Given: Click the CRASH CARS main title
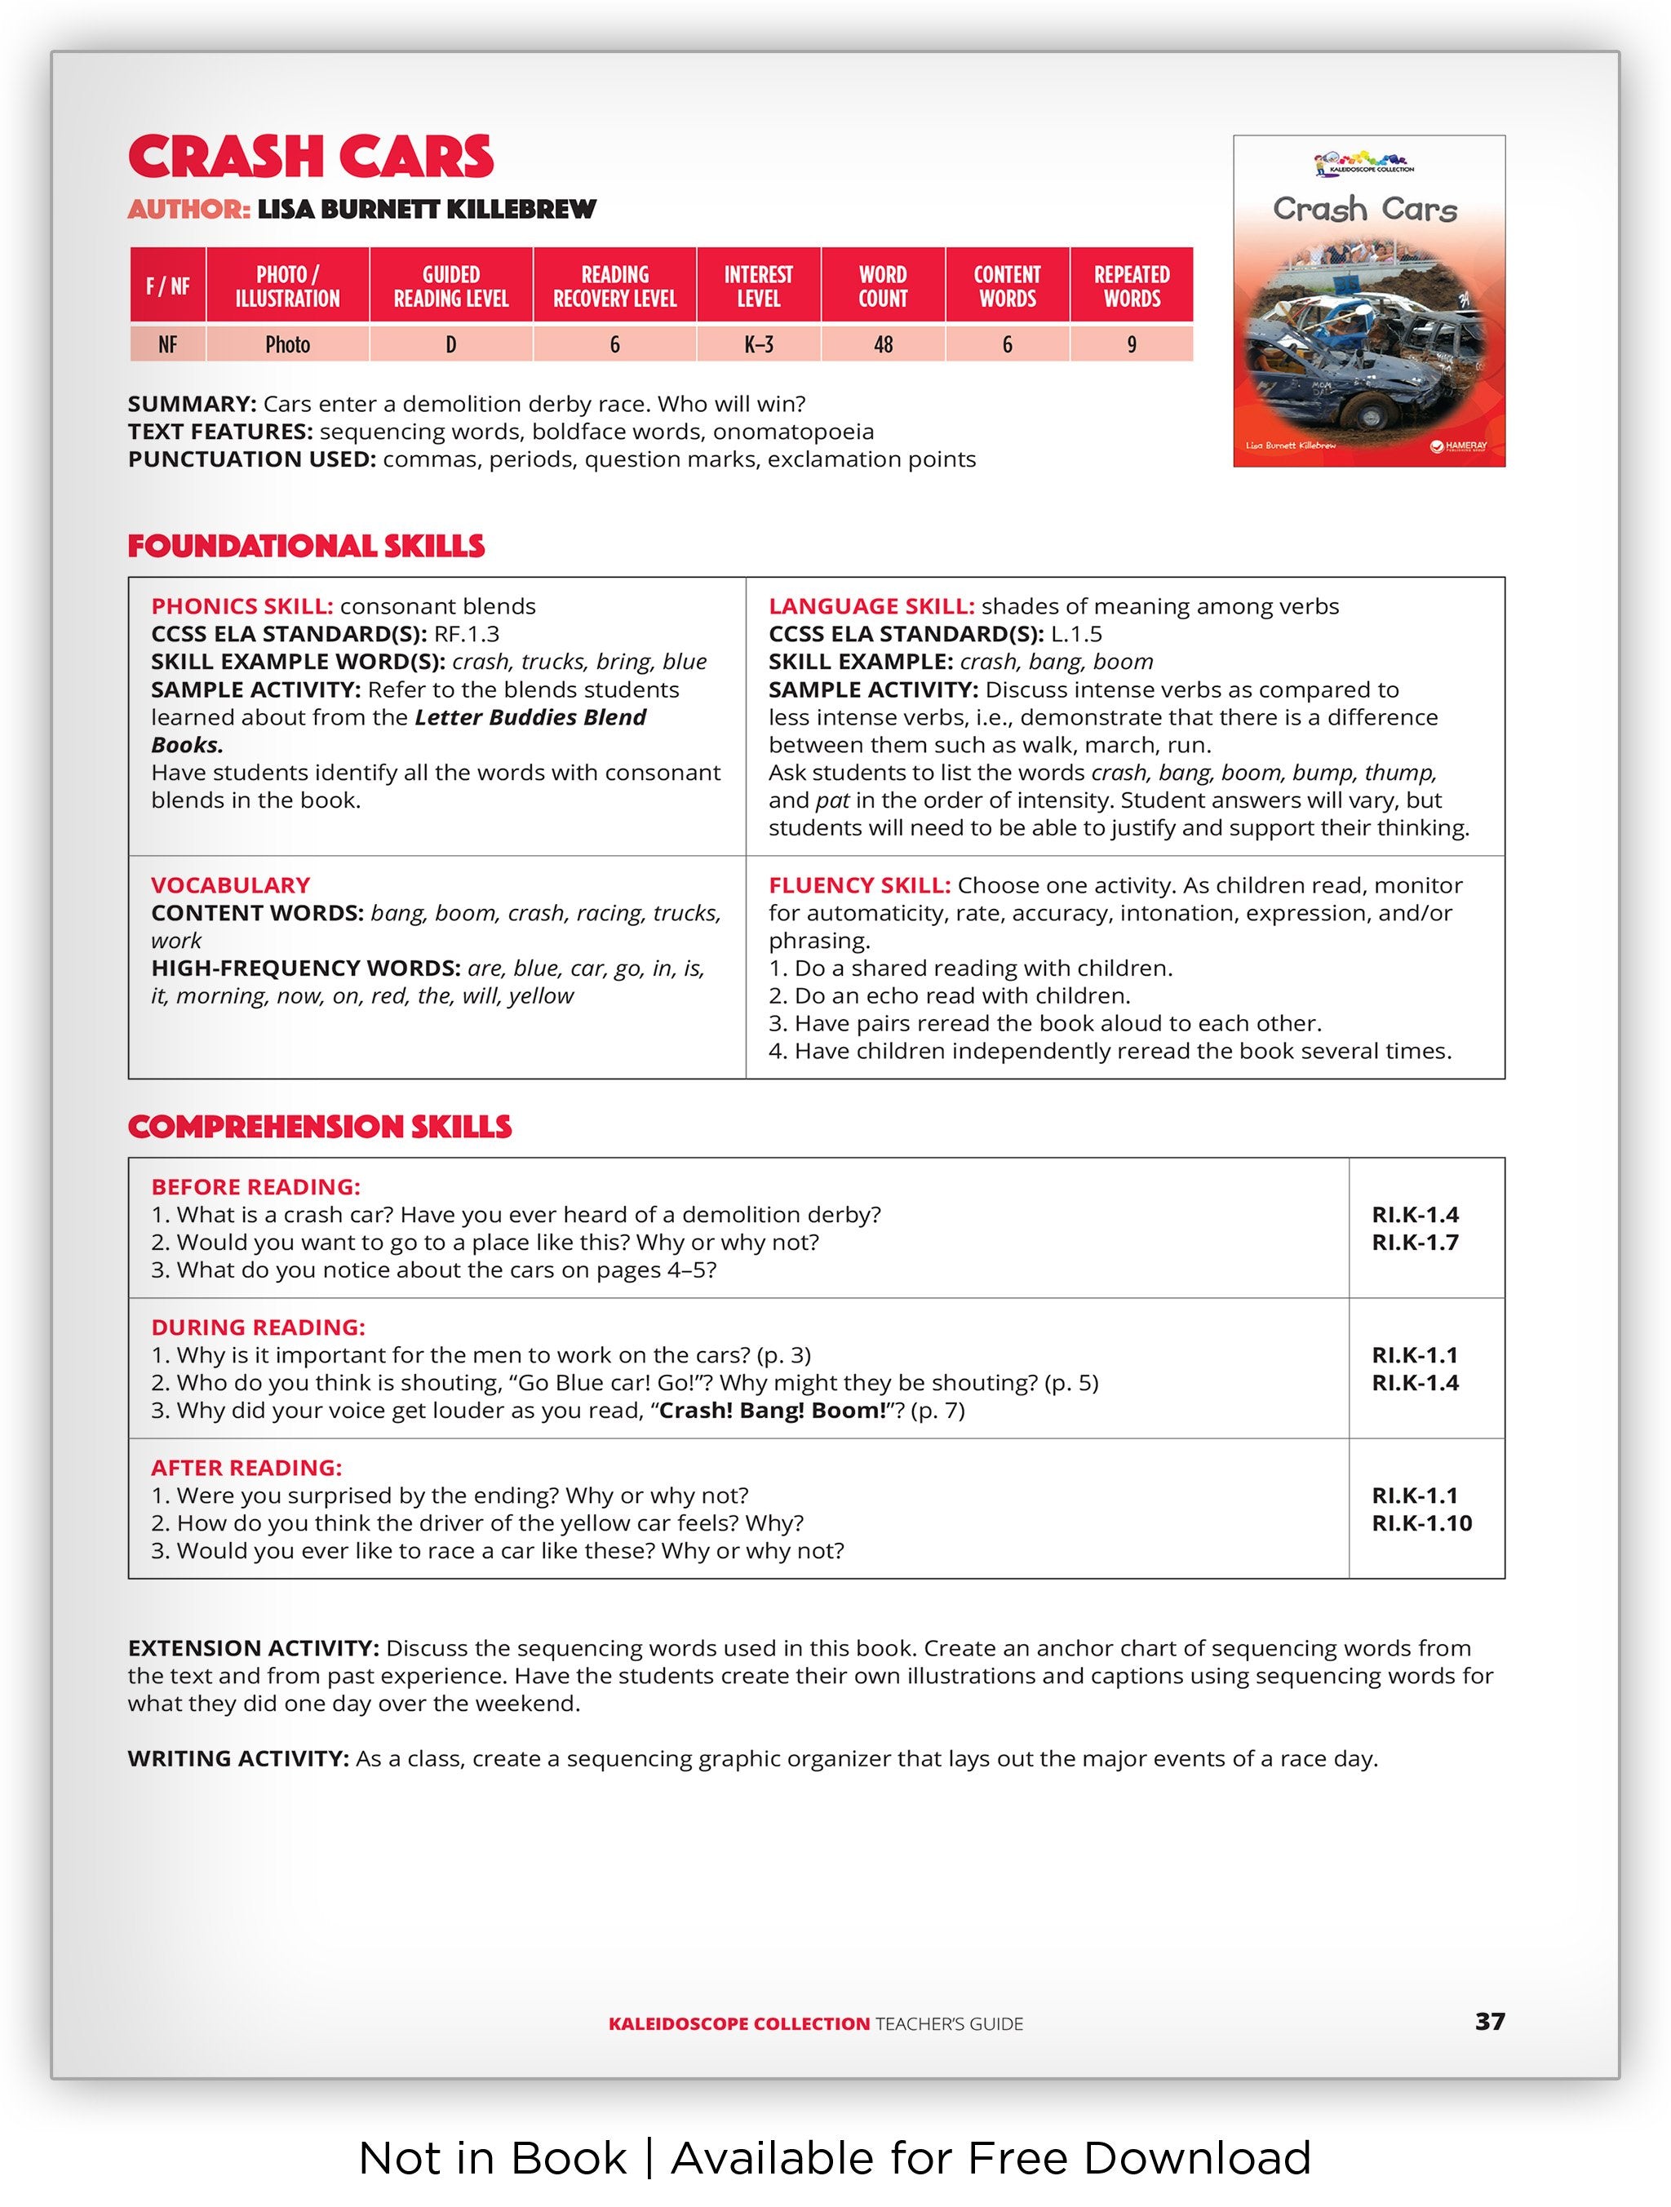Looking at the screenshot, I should [x=310, y=157].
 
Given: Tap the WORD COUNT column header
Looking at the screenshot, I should [x=883, y=286].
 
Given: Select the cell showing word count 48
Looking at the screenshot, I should [x=883, y=344].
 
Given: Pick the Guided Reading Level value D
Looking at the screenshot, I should [x=451, y=344].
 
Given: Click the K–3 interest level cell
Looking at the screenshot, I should [x=758, y=344].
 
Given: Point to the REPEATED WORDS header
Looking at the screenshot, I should [x=1132, y=286].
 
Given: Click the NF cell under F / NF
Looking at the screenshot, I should [x=167, y=344].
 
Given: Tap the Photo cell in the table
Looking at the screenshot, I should [x=287, y=344].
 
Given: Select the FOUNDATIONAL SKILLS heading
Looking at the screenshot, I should [x=305, y=546].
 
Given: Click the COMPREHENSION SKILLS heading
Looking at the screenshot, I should [x=319, y=1127].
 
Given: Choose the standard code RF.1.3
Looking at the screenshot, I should [x=466, y=635].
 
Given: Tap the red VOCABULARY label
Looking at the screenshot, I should [x=230, y=885].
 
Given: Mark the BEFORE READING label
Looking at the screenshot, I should [x=255, y=1187].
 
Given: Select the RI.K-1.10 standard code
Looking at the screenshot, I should [x=1421, y=1523].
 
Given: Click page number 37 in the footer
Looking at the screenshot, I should [x=1489, y=2022].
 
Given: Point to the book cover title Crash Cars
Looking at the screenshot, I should [x=1365, y=210].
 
